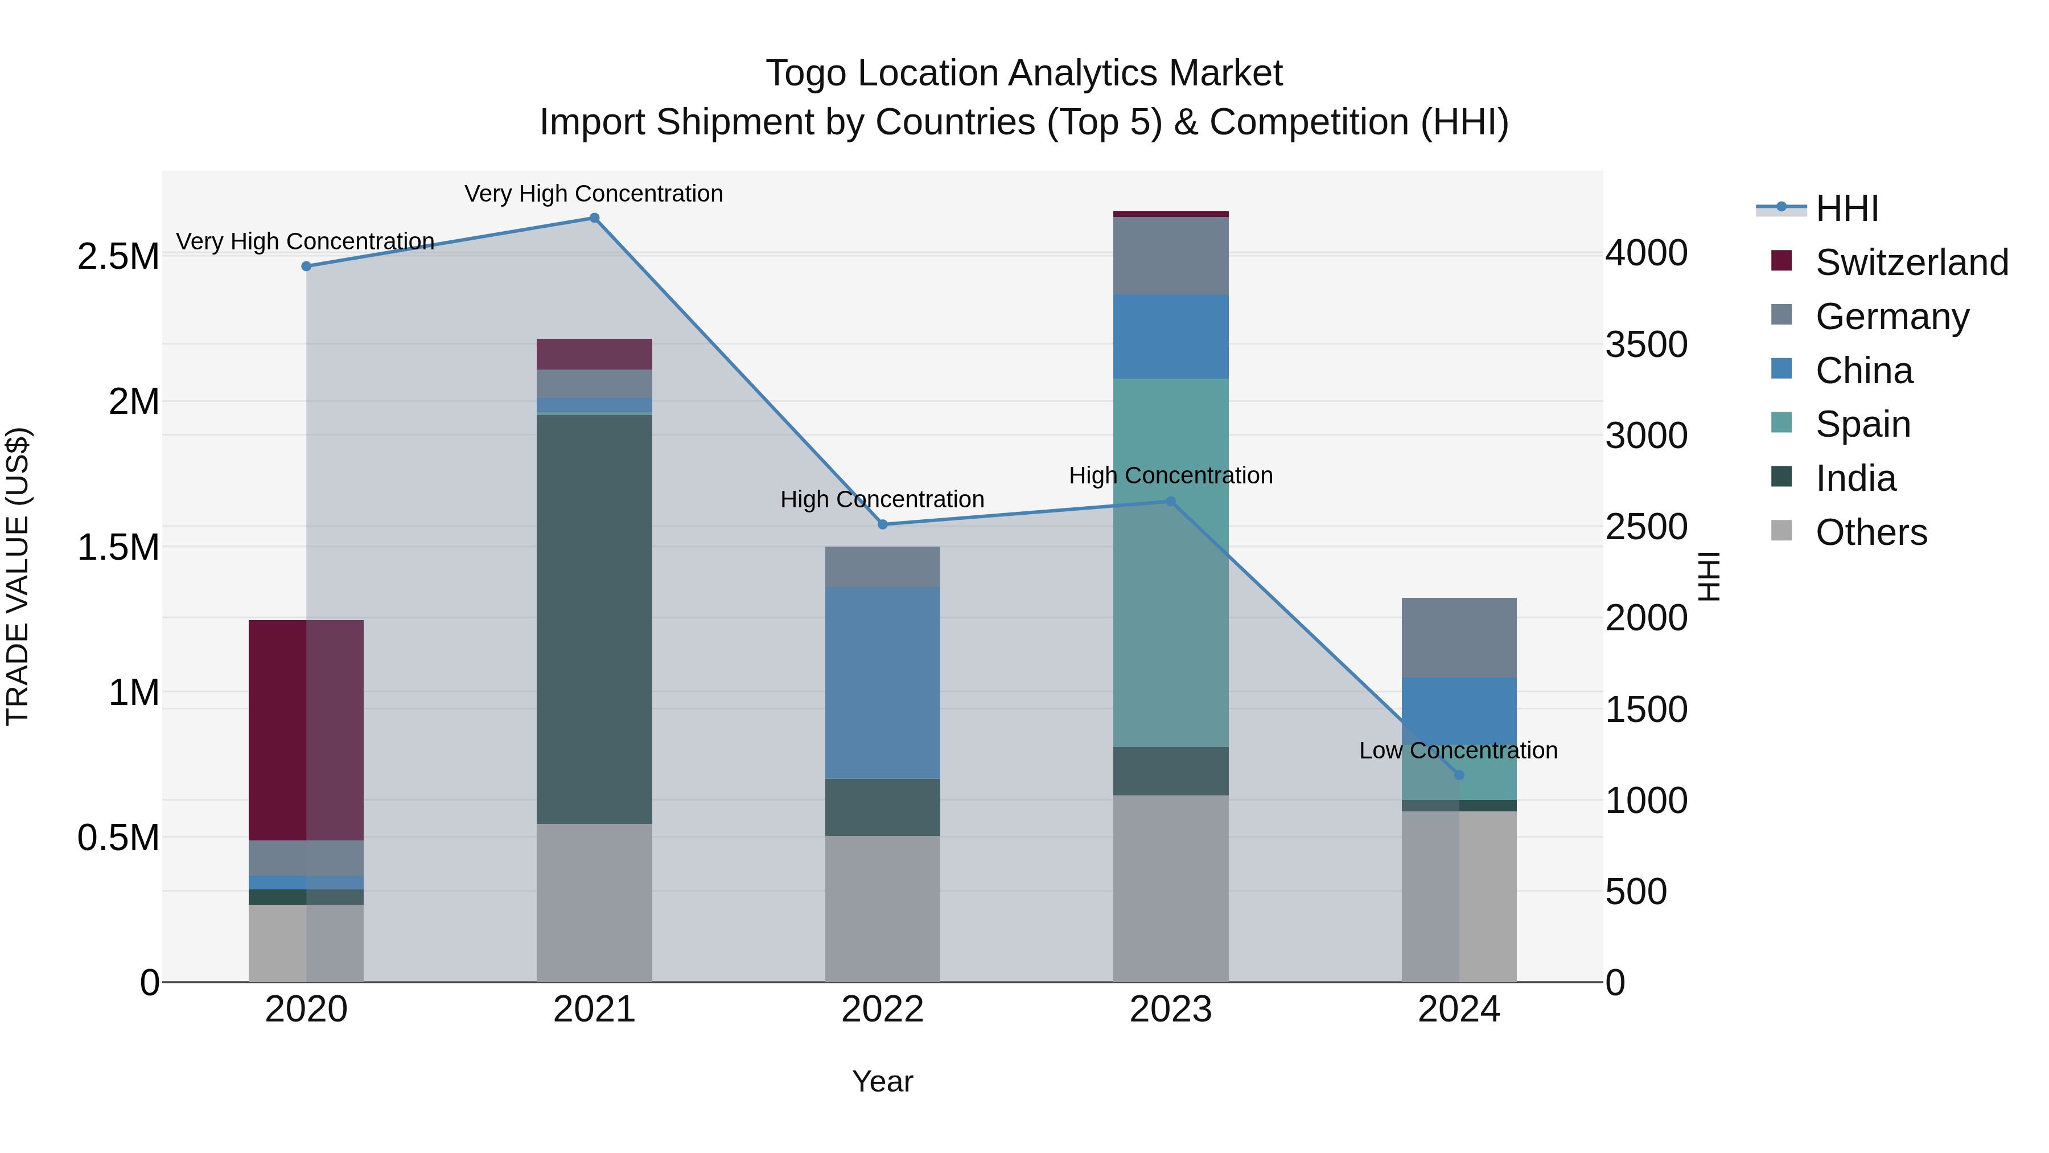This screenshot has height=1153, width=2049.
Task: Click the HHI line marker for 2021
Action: [x=594, y=218]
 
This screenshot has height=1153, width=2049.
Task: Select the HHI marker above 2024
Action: [x=1459, y=775]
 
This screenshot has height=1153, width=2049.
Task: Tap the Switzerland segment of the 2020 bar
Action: [x=306, y=730]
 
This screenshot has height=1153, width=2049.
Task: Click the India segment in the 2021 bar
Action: [x=594, y=618]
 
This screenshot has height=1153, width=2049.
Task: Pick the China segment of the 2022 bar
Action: [x=882, y=683]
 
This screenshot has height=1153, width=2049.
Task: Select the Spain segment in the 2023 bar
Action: [x=1171, y=562]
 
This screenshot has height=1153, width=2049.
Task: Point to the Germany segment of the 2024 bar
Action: [x=1459, y=637]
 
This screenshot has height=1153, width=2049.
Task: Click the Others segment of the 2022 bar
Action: [x=882, y=908]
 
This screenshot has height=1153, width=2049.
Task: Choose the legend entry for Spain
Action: [x=1862, y=424]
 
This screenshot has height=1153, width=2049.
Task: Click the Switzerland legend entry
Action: [x=1911, y=262]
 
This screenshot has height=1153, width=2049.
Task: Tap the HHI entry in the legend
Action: [x=1846, y=208]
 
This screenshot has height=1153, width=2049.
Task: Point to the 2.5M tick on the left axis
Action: [x=118, y=257]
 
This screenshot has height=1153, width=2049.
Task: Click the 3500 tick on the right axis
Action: [x=1645, y=344]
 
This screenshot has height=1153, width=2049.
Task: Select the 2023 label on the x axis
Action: [x=1171, y=1010]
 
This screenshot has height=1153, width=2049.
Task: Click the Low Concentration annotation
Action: [x=1458, y=750]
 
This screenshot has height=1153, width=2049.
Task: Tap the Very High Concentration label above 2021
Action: [x=594, y=194]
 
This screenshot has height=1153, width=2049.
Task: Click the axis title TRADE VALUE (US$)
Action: [x=18, y=576]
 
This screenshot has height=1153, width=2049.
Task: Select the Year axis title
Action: [x=882, y=1081]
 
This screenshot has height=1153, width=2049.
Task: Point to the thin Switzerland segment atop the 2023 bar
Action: [x=1171, y=214]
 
